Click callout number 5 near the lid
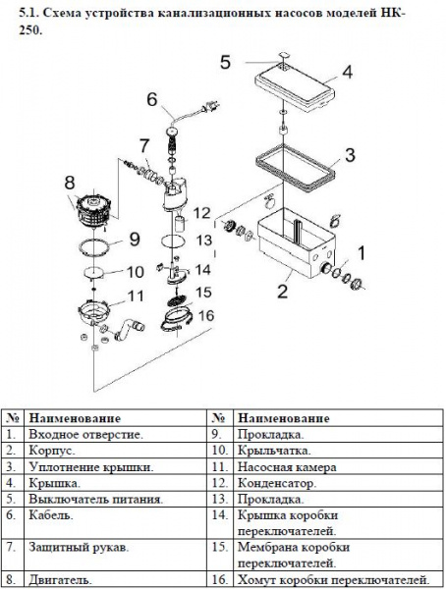point(225,62)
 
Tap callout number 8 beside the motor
point(70,183)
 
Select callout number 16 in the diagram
point(206,315)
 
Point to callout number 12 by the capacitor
point(201,213)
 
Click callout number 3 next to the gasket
point(350,155)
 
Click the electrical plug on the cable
point(209,107)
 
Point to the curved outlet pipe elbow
point(128,329)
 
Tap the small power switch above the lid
point(284,56)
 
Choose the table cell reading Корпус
point(52,450)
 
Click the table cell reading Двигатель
point(60,579)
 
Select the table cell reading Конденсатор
point(277,483)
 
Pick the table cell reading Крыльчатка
point(274,450)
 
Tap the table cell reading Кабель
point(51,515)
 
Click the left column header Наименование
point(75,418)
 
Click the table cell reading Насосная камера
point(287,466)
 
